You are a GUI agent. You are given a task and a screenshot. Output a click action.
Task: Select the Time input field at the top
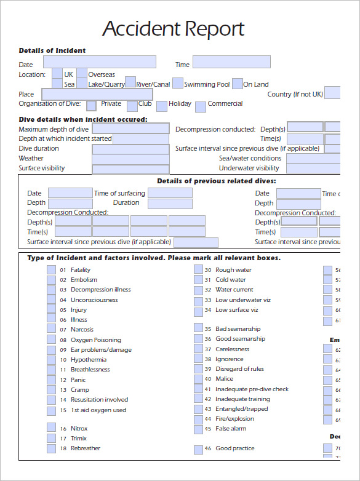pos(231,62)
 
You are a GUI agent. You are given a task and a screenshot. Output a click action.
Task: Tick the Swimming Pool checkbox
pos(177,83)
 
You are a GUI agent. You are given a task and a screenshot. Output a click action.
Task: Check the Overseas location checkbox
pos(81,74)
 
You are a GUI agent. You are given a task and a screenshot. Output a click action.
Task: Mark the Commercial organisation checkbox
pos(200,106)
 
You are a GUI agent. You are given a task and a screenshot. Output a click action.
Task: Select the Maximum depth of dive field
pos(130,129)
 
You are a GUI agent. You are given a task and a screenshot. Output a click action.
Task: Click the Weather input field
pos(130,159)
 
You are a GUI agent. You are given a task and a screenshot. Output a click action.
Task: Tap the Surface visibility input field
pos(130,169)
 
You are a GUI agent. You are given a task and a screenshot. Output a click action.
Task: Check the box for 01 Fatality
pos(51,270)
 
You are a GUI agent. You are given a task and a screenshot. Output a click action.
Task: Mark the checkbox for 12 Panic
pos(51,380)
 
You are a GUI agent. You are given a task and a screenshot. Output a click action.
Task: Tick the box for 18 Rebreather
pos(51,449)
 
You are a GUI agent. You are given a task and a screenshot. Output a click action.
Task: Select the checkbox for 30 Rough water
pos(198,270)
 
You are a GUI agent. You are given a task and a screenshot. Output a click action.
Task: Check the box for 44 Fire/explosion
pos(198,419)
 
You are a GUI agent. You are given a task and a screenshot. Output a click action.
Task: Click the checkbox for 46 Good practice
pos(198,449)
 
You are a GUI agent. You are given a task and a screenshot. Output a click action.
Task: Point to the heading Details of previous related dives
pos(216,181)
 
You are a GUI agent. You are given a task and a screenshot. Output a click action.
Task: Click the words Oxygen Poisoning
pos(95,340)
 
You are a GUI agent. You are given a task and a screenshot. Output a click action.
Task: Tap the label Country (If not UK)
pos(295,94)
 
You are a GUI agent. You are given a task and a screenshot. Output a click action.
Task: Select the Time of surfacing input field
pos(169,193)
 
